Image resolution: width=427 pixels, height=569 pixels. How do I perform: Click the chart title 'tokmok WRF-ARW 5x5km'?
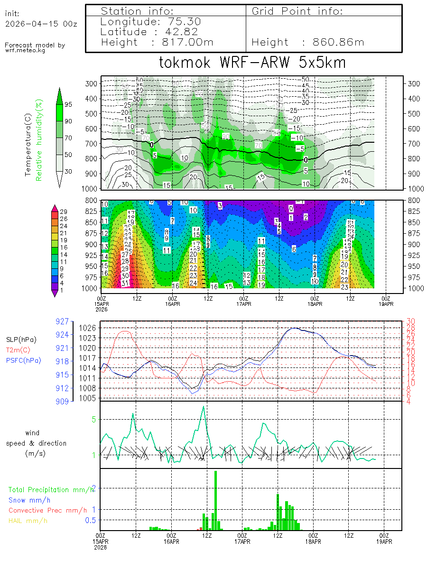click(252, 63)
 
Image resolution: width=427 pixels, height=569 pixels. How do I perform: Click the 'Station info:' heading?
click(137, 11)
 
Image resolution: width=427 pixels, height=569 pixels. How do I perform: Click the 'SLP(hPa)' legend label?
click(21, 340)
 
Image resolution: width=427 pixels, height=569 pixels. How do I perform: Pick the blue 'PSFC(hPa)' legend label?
click(23, 360)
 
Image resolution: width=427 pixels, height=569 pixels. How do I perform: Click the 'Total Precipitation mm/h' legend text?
click(51, 489)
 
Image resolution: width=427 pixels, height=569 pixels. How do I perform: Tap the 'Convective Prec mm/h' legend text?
click(47, 510)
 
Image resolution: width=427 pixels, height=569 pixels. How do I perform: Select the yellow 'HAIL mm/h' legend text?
click(28, 521)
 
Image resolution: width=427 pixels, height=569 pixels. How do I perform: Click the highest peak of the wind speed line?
click(204, 406)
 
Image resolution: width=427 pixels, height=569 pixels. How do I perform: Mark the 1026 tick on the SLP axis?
click(91, 328)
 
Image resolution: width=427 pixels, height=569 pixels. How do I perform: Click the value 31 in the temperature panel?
click(125, 284)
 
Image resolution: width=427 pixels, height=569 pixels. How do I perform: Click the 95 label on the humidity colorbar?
click(68, 104)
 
